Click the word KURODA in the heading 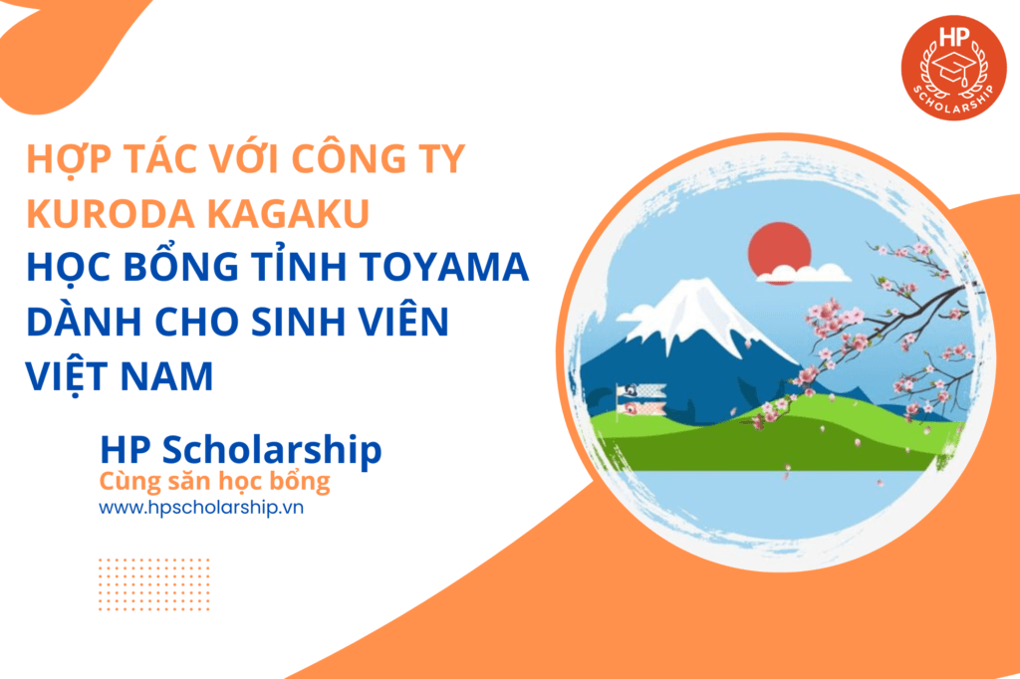[x=110, y=213]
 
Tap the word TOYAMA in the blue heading [x=444, y=267]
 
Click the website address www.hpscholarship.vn [x=201, y=508]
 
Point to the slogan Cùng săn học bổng [x=215, y=482]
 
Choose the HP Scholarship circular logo [x=953, y=68]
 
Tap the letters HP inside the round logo [x=954, y=37]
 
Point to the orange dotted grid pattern [x=154, y=584]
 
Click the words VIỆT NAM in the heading [x=120, y=376]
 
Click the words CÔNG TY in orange [x=379, y=158]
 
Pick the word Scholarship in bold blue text [x=272, y=450]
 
